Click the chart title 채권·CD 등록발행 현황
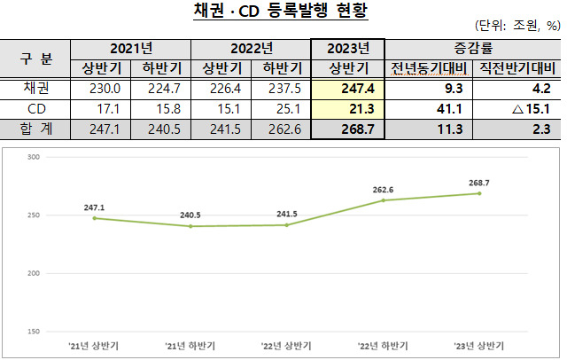281,11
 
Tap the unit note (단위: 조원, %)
517,26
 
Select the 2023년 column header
348,49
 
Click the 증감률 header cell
473,49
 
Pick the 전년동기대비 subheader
429,68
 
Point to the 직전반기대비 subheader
517,68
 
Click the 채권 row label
35,89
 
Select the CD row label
35,109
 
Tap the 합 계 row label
35,129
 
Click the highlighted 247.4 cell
347,89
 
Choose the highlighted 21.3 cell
347,109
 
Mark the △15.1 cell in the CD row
517,109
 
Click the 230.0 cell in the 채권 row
100,89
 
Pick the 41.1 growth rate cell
429,109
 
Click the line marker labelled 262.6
384,200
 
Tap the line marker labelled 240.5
190,226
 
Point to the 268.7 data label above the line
479,183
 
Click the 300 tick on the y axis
34,157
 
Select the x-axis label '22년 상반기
286,346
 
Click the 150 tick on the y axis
34,332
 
